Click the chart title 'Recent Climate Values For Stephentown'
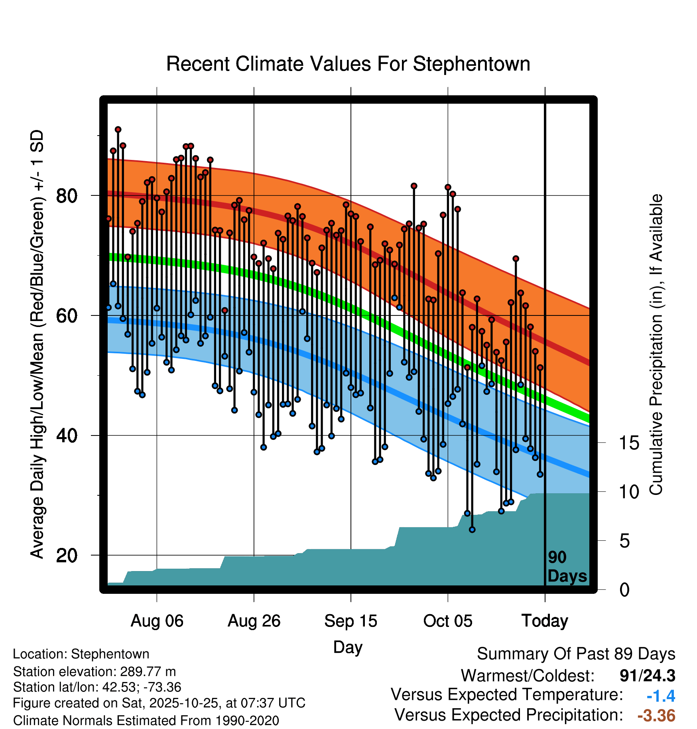point(348,64)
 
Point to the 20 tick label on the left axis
point(67,555)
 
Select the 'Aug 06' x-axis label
point(157,621)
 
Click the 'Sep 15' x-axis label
point(350,621)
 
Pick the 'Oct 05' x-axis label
point(447,621)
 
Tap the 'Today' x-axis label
point(545,621)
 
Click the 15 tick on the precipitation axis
point(629,443)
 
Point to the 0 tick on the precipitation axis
point(624,590)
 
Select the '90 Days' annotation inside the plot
point(567,567)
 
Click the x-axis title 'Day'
point(348,647)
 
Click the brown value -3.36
point(656,715)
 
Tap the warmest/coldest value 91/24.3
point(647,676)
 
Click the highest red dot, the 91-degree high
point(118,130)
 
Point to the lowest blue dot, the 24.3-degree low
point(472,530)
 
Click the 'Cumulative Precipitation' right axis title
point(656,345)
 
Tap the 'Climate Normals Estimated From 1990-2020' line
point(146,721)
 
